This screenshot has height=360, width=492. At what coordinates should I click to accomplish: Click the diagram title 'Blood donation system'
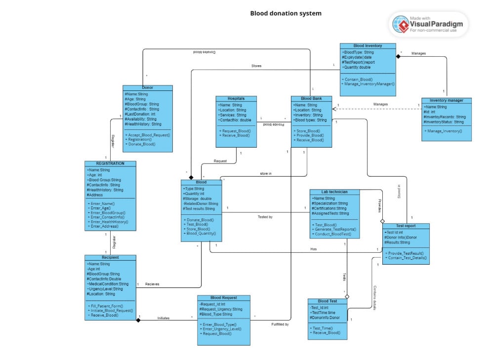(286, 13)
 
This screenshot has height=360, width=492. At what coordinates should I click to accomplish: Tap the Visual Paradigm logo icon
(400, 24)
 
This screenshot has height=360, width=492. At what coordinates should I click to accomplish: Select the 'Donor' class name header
(148, 87)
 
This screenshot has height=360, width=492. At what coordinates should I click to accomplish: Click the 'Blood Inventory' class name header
(368, 46)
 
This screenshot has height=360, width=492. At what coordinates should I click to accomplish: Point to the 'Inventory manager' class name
(446, 100)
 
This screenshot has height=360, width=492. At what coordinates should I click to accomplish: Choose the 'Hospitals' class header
(236, 98)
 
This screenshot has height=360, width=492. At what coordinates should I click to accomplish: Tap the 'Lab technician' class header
(334, 192)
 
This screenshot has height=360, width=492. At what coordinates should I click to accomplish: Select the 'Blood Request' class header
(223, 298)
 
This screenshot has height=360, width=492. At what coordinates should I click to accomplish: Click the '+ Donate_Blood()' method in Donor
(141, 144)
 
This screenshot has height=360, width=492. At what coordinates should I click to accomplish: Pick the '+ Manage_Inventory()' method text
(443, 131)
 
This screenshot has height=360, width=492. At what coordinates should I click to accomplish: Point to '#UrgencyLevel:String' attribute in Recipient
(106, 289)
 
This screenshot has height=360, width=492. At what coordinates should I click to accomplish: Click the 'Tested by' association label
(265, 217)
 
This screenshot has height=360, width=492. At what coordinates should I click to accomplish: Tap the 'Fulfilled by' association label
(280, 324)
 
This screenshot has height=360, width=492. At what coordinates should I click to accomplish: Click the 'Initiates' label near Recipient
(163, 318)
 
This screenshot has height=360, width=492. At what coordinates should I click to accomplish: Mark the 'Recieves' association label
(152, 284)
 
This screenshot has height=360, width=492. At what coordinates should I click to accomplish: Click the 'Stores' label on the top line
(256, 66)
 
